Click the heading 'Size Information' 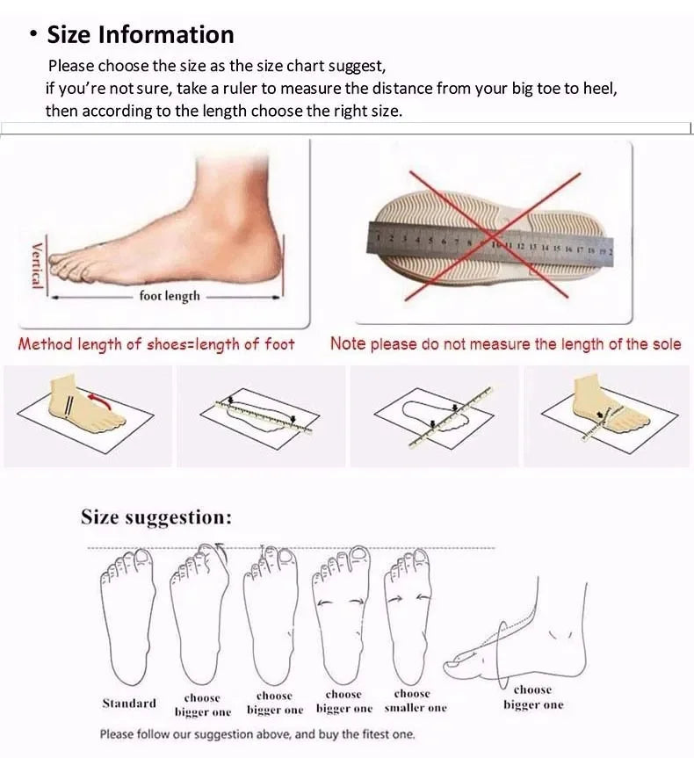pos(141,35)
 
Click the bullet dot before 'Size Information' pos(33,36)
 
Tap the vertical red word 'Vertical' pos(37,264)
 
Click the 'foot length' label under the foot pos(170,297)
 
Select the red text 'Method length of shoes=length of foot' pos(156,344)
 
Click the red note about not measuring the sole pos(505,344)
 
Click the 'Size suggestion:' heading pos(156,517)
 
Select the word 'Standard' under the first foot pos(129,704)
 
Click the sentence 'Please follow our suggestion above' pos(257,734)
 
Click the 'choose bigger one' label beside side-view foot pos(532,697)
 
